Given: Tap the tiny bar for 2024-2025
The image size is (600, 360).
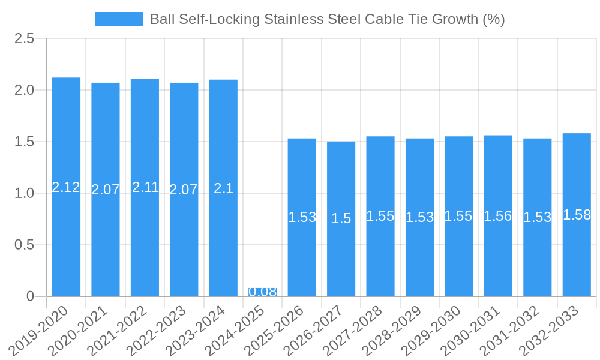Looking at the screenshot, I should [262, 293].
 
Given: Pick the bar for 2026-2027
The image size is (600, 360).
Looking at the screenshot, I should [341, 180].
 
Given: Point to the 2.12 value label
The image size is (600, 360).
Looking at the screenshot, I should [66, 187].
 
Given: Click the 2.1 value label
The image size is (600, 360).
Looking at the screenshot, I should [223, 188].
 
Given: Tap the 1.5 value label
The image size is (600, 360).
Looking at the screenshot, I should [341, 219].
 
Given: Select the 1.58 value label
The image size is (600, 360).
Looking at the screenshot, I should [577, 215].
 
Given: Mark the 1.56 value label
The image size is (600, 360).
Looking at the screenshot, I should [498, 216].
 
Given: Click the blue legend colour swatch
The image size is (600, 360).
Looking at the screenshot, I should [119, 19].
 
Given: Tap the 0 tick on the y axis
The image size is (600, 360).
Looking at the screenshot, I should [31, 296].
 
